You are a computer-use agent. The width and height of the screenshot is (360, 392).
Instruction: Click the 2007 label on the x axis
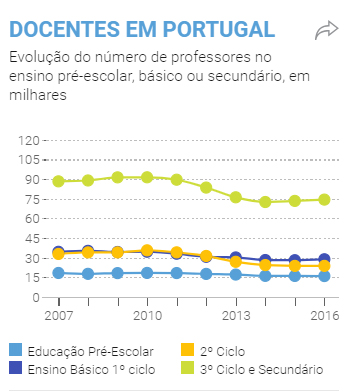tap(58, 316)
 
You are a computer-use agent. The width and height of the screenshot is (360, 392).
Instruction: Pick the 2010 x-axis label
tap(147, 316)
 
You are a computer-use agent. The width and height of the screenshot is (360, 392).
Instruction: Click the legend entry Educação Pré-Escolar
tap(89, 351)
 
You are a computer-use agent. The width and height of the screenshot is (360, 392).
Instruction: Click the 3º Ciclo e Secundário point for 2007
tap(59, 181)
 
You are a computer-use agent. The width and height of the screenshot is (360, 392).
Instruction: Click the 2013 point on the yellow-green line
tap(236, 197)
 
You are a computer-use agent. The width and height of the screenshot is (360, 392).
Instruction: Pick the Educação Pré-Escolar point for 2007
tap(59, 272)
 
